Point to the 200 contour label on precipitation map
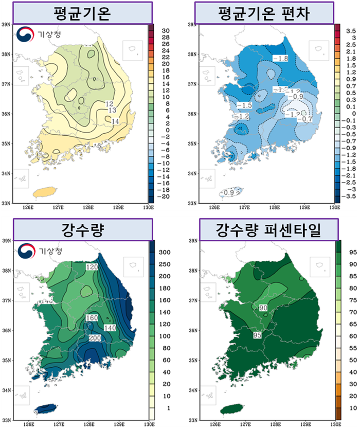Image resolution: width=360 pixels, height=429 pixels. pyautogui.click(x=95, y=338)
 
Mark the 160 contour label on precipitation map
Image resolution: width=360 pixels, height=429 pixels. pyautogui.click(x=92, y=318)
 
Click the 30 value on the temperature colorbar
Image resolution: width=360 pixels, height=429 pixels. pyautogui.click(x=165, y=31)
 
